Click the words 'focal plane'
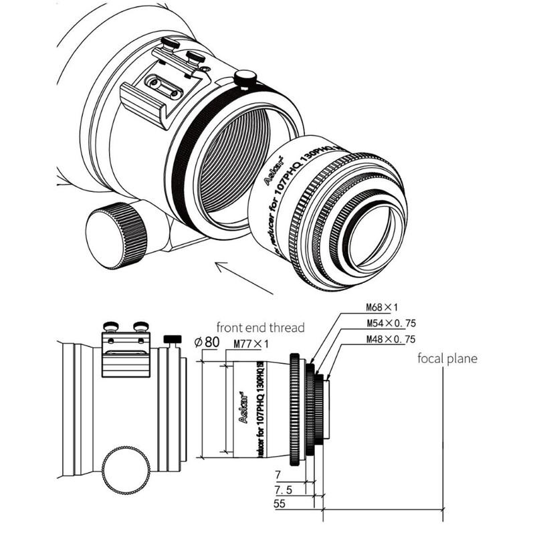pyautogui.click(x=447, y=358)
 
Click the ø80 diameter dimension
pyautogui.click(x=208, y=342)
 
